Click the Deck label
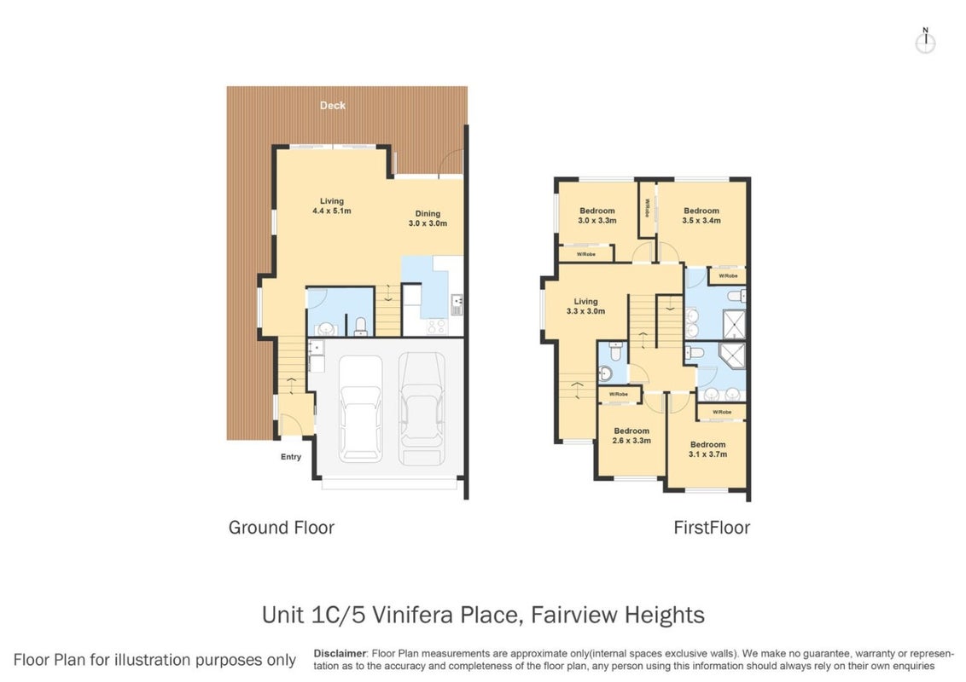point(333,106)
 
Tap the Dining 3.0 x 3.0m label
point(428,218)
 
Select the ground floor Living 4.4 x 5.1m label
point(331,205)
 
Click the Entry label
point(291,457)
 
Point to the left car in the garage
point(360,408)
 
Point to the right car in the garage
point(422,408)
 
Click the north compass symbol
point(925,42)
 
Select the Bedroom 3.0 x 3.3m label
point(597,216)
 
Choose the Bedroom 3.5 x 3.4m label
point(701,216)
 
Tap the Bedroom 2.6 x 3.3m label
point(631,436)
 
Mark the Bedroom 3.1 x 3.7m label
point(708,449)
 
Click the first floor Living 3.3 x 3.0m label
point(586,307)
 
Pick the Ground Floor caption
point(282,528)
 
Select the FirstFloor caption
point(712,528)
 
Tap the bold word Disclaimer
point(340,654)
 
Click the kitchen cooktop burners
point(437,327)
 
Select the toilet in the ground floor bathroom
point(361,326)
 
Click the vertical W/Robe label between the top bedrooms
point(648,207)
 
